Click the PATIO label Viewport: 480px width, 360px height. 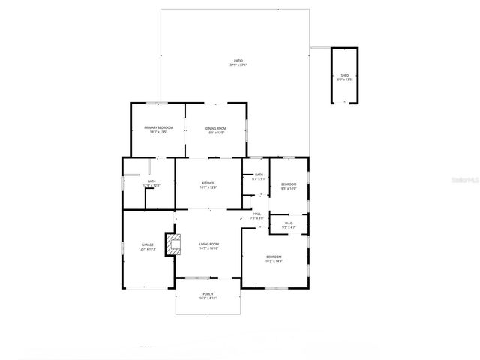(238, 61)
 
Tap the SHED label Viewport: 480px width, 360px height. (345, 75)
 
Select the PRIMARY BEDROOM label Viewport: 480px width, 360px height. (158, 128)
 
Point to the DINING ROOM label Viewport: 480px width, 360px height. (216, 128)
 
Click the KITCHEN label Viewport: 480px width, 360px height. (208, 183)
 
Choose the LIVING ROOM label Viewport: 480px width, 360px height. (208, 244)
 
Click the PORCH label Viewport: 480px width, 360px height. (208, 294)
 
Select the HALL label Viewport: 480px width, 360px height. (256, 214)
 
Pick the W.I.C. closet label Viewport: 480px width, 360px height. (288, 222)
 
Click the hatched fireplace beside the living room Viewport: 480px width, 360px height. (174, 244)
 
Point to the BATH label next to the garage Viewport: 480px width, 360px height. (151, 181)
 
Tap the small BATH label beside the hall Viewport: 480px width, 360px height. (259, 175)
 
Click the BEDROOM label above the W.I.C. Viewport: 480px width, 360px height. (289, 184)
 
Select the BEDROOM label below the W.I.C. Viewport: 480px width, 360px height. (274, 257)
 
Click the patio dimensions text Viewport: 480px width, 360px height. (238, 65)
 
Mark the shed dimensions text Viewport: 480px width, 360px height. (345, 79)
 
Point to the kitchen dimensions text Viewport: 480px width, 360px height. (208, 187)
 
